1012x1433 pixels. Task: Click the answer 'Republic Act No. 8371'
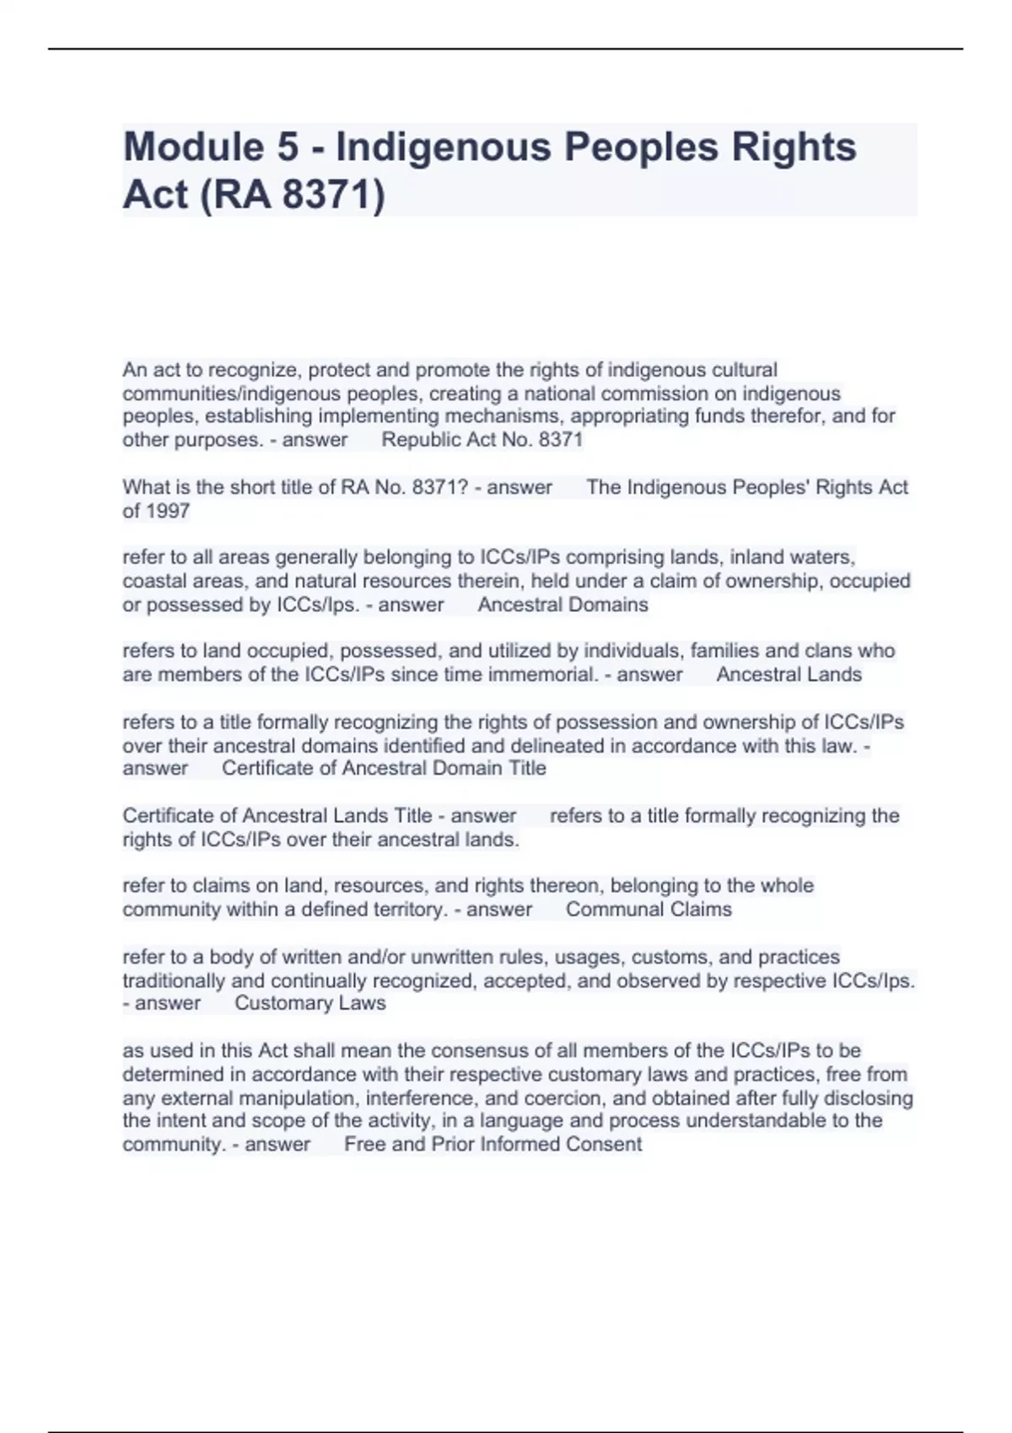coord(482,440)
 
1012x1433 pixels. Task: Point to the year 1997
coord(168,511)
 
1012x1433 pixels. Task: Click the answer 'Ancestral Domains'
coord(563,605)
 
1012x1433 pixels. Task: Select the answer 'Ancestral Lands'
coord(789,674)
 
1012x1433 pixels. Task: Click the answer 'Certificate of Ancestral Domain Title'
coord(384,769)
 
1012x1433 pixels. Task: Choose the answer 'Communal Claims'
coord(649,910)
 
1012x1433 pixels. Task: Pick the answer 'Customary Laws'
coord(310,1003)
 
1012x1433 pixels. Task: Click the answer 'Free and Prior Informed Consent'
coord(493,1145)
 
